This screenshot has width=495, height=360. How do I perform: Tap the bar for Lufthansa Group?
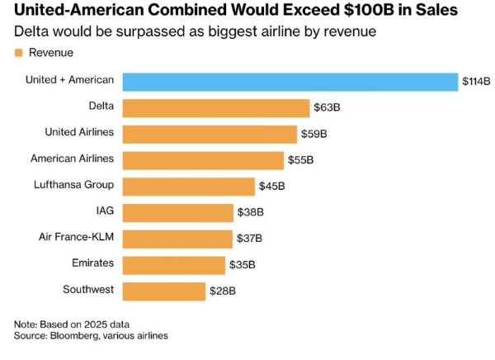[189, 186]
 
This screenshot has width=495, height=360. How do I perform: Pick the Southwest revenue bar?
[164, 291]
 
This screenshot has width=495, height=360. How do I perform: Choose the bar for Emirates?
[174, 264]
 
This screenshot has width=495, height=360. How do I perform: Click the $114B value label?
[476, 81]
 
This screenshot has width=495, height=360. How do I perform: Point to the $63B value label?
[328, 107]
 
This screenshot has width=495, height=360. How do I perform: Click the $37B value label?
[249, 239]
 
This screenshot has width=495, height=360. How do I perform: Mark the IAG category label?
[105, 211]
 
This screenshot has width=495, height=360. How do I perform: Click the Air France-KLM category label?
[77, 238]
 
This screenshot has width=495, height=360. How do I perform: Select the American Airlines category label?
[72, 159]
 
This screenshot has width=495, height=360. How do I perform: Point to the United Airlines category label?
[79, 132]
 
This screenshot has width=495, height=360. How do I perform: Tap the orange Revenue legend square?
[18, 53]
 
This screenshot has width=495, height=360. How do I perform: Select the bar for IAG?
[178, 212]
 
